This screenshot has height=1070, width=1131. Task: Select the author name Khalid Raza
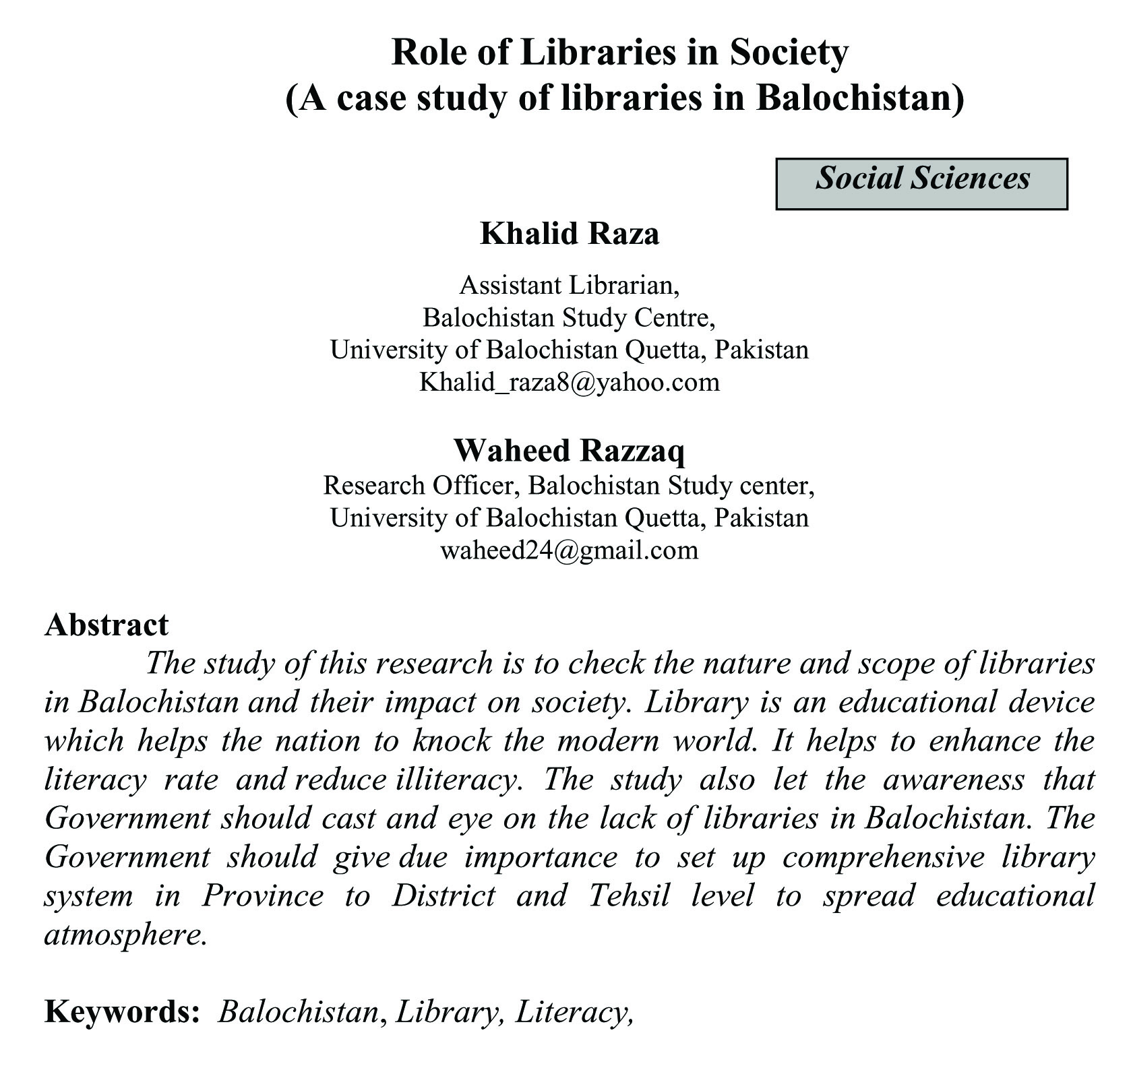[x=569, y=234]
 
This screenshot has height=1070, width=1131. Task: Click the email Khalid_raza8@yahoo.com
[x=569, y=382]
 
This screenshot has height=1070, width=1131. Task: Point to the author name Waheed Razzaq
[x=569, y=450]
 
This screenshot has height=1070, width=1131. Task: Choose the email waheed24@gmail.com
[x=569, y=550]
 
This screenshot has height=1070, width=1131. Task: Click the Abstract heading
[x=106, y=624]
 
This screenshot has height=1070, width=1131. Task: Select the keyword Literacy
[x=573, y=1011]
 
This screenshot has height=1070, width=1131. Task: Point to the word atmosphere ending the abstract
[x=125, y=935]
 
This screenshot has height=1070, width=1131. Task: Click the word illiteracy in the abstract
[x=459, y=780]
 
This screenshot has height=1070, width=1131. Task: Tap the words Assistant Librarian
[x=569, y=285]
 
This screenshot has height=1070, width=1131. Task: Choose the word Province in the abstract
[x=263, y=895]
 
